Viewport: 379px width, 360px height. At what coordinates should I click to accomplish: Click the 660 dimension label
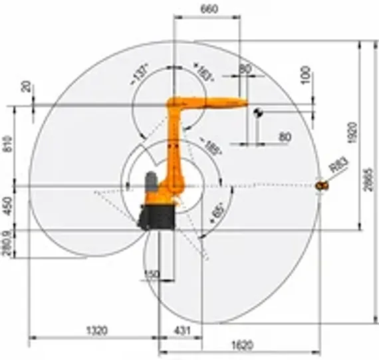pos(209,10)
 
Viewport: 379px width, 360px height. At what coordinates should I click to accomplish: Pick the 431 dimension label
pos(182,329)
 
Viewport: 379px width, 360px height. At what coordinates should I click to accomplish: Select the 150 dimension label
pos(152,274)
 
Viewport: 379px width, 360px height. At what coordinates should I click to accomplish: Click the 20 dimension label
pos(25,86)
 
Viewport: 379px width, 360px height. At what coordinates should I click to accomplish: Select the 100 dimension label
pos(305,74)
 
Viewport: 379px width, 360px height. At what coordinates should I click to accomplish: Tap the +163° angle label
pos(203,71)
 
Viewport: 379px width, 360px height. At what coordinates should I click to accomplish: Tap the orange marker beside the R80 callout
pos(322,186)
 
